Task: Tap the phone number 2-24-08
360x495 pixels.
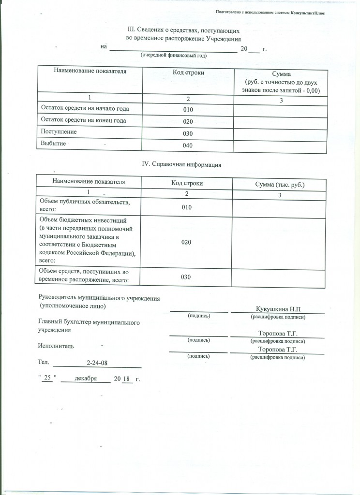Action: [x=97, y=363]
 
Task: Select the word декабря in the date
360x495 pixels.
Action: [x=86, y=379]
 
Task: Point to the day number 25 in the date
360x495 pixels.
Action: [x=47, y=379]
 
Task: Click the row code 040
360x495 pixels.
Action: [x=188, y=146]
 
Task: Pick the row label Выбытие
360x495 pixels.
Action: [x=53, y=144]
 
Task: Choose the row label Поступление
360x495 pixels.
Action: [x=59, y=131]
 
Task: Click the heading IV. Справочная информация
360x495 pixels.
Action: [x=181, y=164]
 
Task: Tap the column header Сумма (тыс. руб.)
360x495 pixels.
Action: [x=280, y=185]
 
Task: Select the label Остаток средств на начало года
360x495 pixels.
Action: [x=85, y=108]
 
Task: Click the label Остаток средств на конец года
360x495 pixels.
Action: [x=84, y=120]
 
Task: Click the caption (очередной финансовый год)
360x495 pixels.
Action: [x=174, y=56]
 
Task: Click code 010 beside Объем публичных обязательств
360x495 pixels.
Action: [x=187, y=207]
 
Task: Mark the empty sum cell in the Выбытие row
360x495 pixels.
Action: [x=280, y=146]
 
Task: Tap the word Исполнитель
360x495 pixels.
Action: [x=56, y=346]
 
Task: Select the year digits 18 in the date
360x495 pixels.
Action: [x=126, y=379]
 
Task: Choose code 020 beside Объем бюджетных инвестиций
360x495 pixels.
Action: [x=187, y=242]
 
